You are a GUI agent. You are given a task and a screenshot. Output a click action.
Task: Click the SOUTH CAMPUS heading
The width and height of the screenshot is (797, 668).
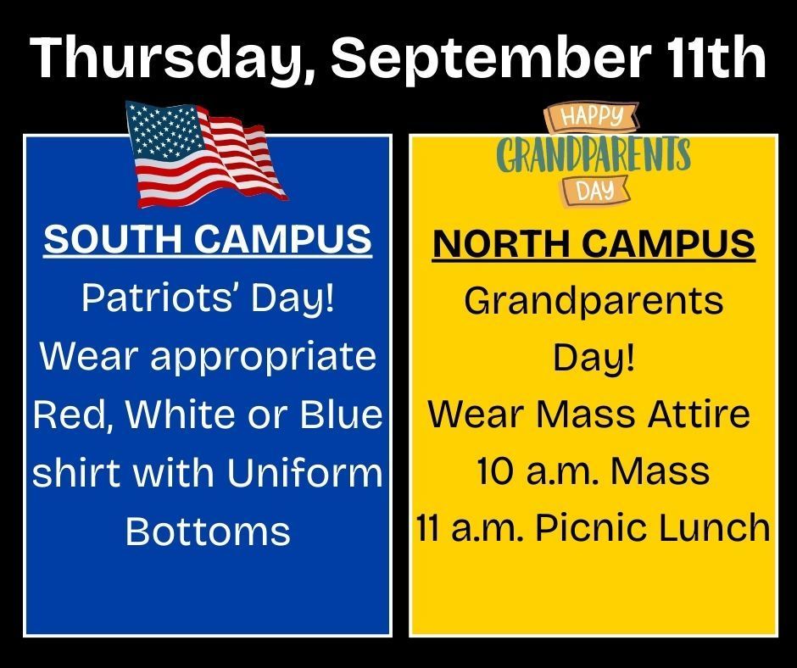(x=208, y=240)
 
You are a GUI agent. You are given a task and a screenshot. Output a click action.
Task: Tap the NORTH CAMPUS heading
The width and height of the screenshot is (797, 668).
(x=594, y=245)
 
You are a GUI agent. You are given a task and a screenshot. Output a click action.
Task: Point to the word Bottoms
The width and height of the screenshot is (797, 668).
(x=208, y=531)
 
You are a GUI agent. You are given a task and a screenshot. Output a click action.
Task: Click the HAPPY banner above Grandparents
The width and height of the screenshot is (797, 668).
(x=594, y=116)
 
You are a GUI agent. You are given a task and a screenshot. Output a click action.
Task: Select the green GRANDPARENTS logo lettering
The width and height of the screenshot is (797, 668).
(x=594, y=155)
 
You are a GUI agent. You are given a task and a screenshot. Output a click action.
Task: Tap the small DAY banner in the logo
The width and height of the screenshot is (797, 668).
(x=594, y=192)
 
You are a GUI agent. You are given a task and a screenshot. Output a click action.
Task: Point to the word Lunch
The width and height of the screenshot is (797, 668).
(x=721, y=528)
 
